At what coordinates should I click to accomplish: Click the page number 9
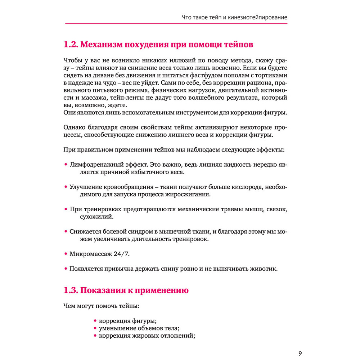coord(300,353)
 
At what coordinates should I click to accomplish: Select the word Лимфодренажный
coord(93,165)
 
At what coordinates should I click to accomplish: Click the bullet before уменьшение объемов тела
coord(95,328)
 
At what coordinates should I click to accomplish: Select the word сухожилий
coord(97,217)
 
